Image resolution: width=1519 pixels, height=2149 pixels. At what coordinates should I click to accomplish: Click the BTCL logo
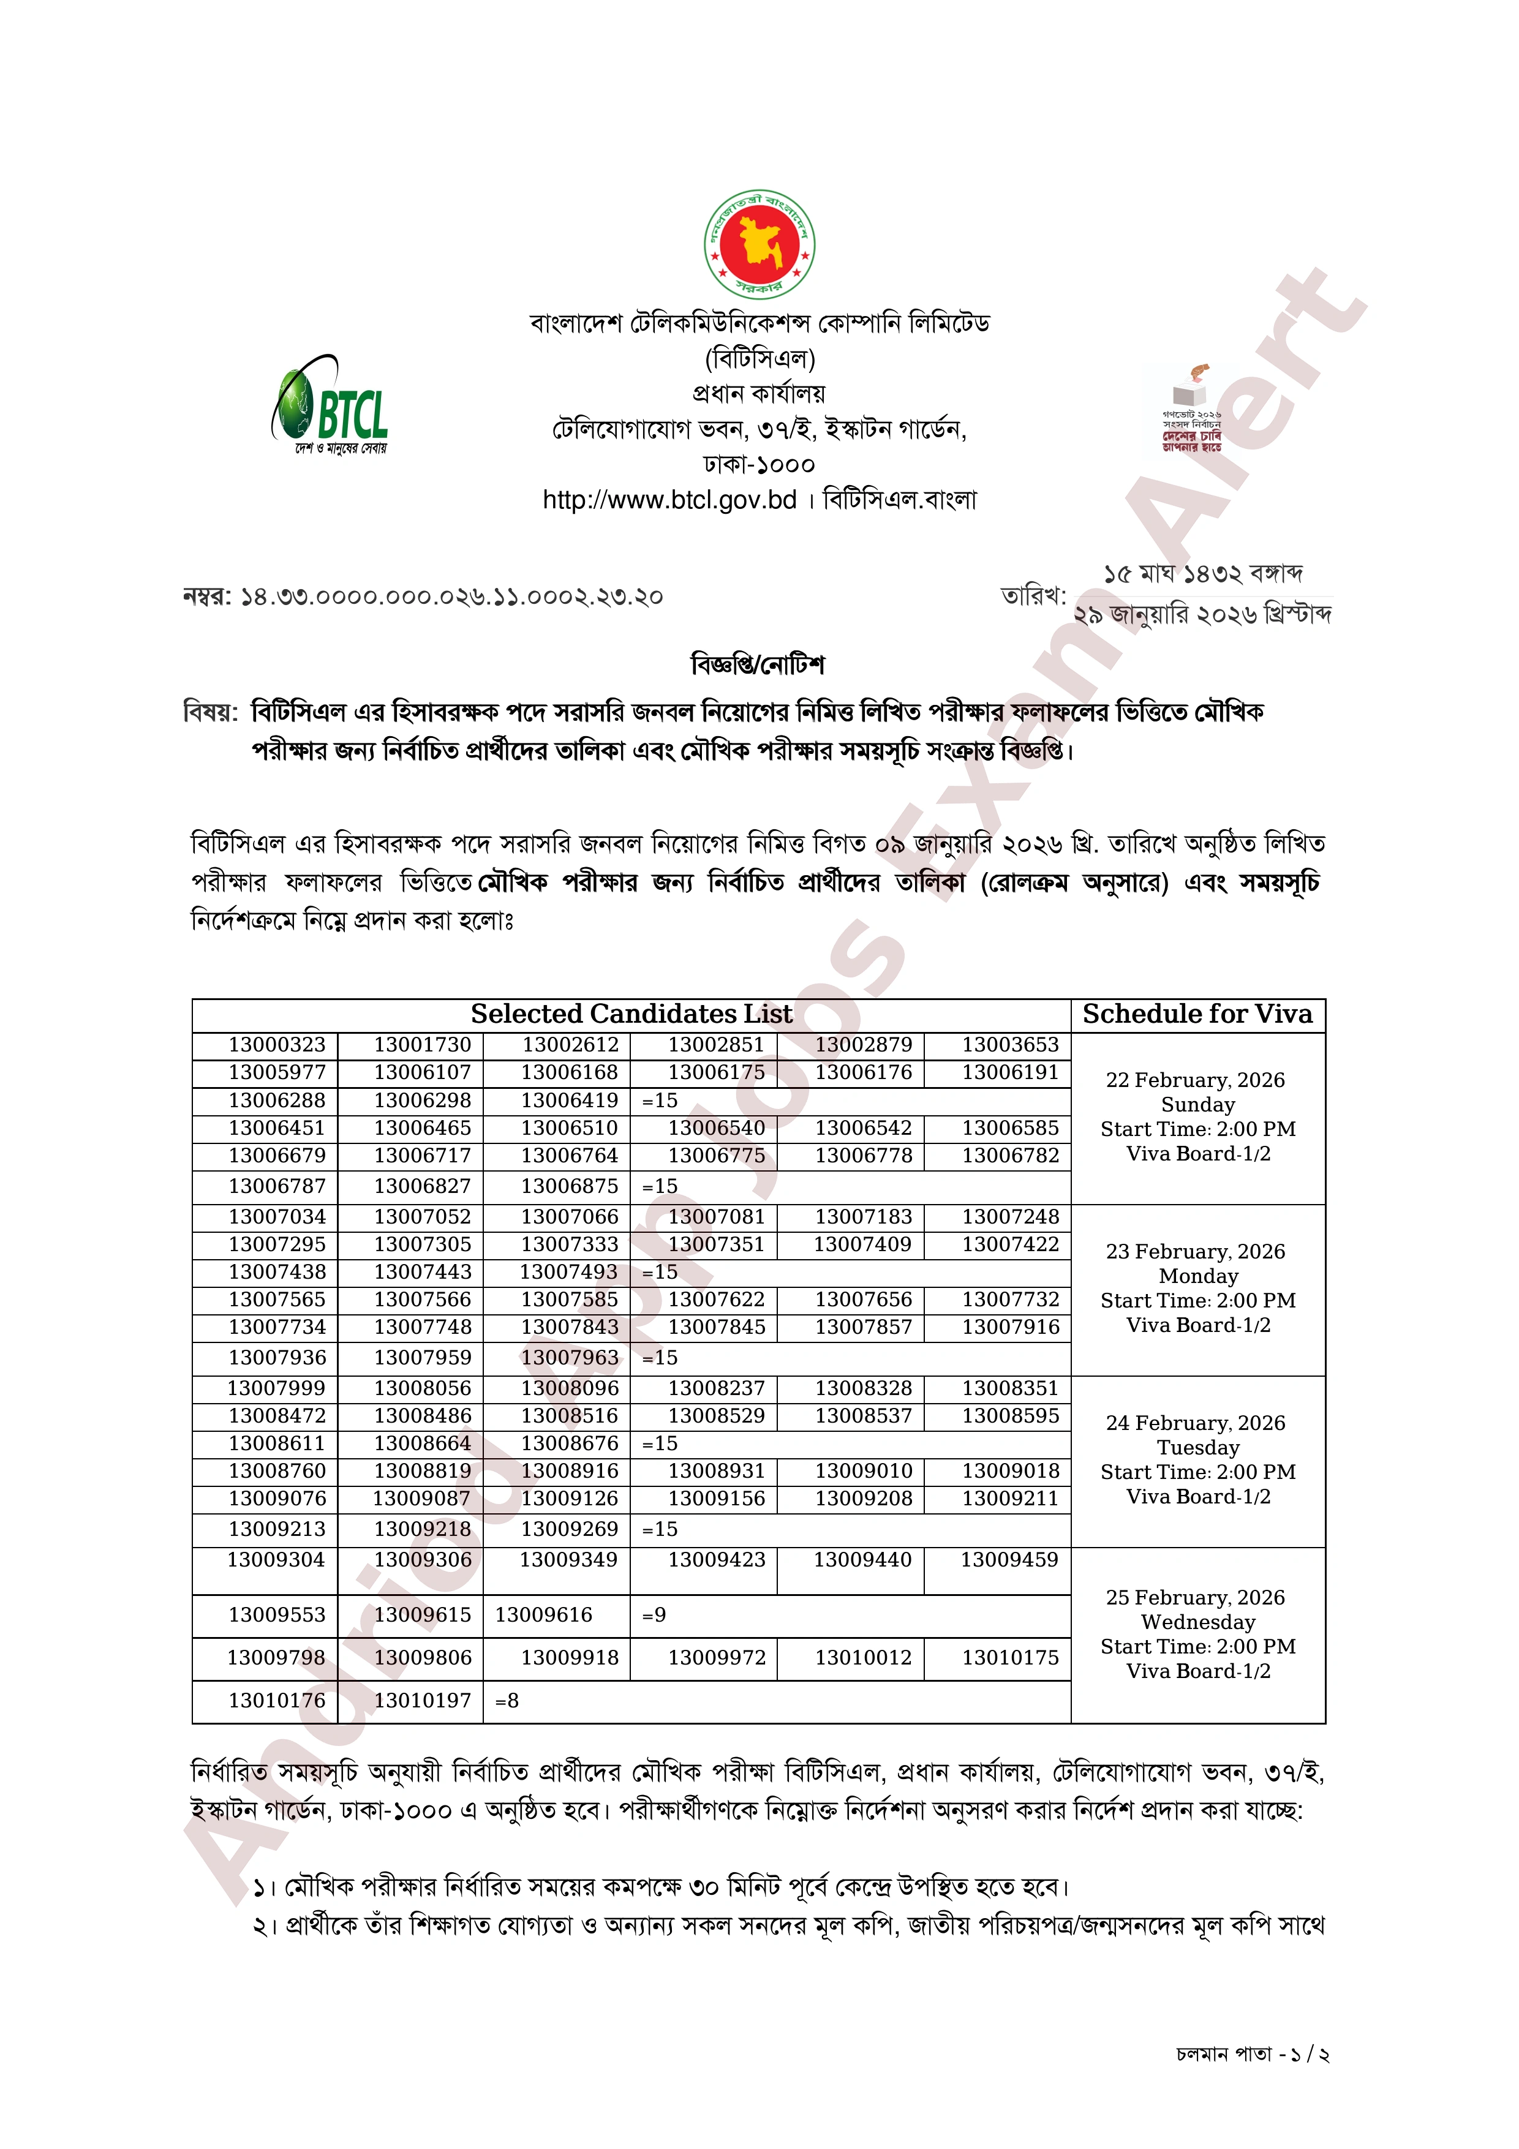tap(330, 404)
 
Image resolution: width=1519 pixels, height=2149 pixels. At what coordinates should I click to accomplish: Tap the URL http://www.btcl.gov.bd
tap(669, 500)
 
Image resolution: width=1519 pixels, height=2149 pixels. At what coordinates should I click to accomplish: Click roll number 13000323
tap(277, 1045)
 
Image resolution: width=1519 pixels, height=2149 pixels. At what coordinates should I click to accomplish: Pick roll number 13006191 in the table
tap(1010, 1072)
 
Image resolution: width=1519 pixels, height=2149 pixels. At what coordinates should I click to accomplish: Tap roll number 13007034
tap(277, 1217)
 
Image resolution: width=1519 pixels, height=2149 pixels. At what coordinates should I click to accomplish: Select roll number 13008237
tap(716, 1388)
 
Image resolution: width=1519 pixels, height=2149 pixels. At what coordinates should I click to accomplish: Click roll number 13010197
tap(423, 1701)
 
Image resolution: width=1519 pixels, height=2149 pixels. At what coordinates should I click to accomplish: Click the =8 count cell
tap(507, 1701)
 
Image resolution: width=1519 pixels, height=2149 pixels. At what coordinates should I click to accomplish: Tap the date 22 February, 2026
tap(1195, 1080)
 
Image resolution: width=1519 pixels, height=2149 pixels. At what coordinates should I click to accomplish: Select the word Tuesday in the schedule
tap(1198, 1448)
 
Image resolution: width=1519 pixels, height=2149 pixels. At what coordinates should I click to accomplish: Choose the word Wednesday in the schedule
tap(1198, 1622)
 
